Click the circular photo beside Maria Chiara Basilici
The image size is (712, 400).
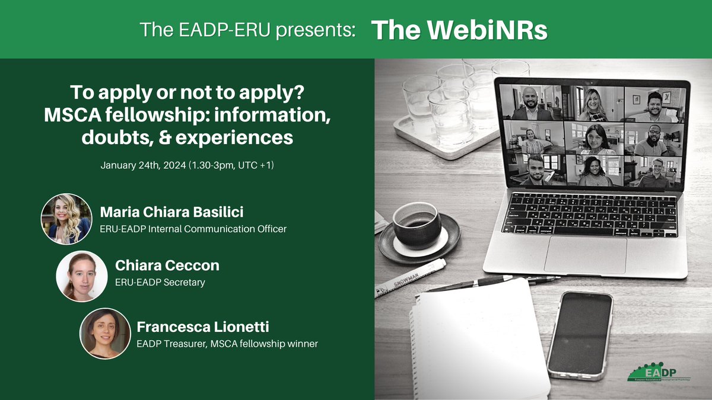tap(66, 219)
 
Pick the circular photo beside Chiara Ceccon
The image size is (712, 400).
tap(81, 276)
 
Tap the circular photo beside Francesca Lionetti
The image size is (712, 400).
tap(105, 333)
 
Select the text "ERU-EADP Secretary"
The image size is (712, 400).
tap(160, 283)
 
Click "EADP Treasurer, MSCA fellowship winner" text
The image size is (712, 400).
tap(227, 342)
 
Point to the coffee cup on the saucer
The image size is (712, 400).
tap(417, 226)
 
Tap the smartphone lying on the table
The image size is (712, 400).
tap(579, 335)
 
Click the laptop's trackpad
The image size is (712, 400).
tap(585, 254)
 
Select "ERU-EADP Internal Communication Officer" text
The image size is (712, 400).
tap(193, 228)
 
